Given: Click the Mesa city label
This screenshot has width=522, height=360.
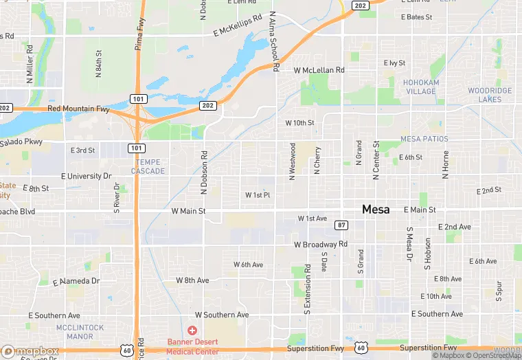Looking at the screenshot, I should click(376, 210).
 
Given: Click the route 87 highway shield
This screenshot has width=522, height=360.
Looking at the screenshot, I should click(341, 225).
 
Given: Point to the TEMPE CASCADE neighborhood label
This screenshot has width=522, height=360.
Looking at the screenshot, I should click(148, 166).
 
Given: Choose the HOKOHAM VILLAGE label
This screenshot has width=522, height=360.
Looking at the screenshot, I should click(420, 87).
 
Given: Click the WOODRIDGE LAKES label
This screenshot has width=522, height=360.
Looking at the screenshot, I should click(490, 95).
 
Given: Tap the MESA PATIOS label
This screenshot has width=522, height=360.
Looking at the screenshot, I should click(424, 139).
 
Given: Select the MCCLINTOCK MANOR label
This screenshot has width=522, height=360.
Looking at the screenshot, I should click(84, 331).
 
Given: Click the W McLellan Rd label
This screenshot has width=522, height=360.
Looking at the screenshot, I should click(319, 70).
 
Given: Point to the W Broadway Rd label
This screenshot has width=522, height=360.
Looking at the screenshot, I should click(321, 245).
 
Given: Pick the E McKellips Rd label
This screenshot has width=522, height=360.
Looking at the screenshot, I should click(238, 26).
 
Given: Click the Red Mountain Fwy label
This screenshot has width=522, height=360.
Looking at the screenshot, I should click(78, 109).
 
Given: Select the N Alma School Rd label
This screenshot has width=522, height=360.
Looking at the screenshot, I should click(273, 41).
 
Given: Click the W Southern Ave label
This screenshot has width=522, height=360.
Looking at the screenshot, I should click(222, 315).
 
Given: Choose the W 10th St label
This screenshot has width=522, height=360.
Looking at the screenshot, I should click(299, 123).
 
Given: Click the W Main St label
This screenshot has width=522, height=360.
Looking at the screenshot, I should click(188, 212).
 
